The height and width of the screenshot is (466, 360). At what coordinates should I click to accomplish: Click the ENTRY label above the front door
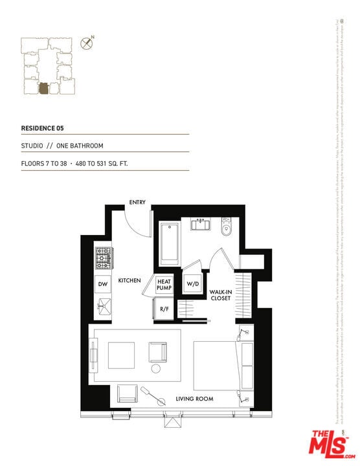click(x=137, y=203)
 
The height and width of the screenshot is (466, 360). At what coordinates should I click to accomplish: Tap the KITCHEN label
click(x=129, y=280)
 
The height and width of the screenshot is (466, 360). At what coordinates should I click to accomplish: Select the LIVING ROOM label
click(x=194, y=399)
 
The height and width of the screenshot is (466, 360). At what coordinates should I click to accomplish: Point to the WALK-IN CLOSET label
click(x=221, y=296)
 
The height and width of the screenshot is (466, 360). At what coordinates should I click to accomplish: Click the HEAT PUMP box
click(x=163, y=285)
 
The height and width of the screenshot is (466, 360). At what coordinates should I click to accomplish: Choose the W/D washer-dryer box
click(x=192, y=284)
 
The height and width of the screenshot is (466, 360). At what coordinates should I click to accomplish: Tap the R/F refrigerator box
click(x=164, y=309)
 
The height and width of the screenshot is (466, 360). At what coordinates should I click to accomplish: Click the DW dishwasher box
click(x=102, y=284)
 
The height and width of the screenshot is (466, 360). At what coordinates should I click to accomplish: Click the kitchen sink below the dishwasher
click(x=102, y=306)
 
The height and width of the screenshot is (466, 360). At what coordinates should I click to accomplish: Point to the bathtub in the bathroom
click(x=170, y=243)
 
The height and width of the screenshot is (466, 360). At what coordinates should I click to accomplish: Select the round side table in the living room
click(x=156, y=368)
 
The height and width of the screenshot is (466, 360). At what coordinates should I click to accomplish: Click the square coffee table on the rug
click(x=121, y=355)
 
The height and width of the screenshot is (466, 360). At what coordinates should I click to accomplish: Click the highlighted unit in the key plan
click(x=43, y=87)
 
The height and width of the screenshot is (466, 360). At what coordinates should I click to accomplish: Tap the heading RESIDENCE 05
click(x=43, y=128)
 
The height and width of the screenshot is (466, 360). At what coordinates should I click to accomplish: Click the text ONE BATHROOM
click(x=83, y=146)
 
